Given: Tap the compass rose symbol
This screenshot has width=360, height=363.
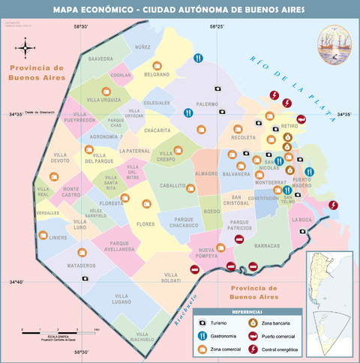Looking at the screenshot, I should point(25,49).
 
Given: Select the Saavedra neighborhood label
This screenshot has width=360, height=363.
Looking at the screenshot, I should point(100,58).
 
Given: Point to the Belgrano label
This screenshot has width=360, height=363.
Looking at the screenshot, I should point(157,75).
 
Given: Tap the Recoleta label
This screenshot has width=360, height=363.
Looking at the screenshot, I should point(244,138).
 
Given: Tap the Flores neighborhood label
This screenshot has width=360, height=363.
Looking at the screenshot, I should point(145,223).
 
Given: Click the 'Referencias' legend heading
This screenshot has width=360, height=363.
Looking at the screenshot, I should point(247,312).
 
